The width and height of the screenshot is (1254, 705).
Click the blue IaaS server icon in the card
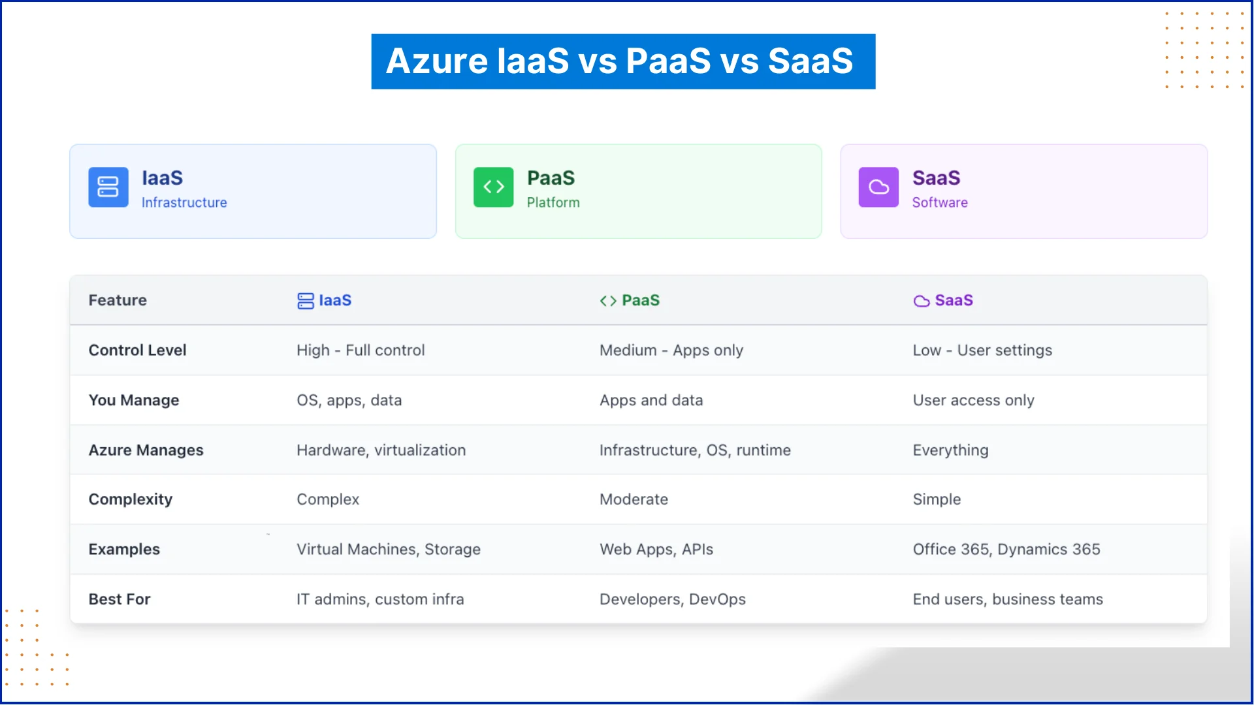tap(108, 187)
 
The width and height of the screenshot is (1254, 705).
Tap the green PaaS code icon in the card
tap(493, 187)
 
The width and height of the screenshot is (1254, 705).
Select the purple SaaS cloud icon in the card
tap(878, 187)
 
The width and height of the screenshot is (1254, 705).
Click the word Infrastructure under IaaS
tap(184, 203)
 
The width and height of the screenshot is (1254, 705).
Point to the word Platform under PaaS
tap(553, 203)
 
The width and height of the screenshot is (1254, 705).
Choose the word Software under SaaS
tap(939, 203)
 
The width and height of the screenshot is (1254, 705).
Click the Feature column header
tap(118, 300)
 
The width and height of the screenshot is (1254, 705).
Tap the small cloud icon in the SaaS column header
tap(921, 301)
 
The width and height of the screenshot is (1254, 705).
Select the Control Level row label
tap(137, 351)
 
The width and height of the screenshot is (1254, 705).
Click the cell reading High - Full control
tap(360, 351)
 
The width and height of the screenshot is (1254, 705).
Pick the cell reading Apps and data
tap(651, 400)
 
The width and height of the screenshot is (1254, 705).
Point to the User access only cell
tap(973, 400)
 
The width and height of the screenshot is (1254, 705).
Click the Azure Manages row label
tap(146, 450)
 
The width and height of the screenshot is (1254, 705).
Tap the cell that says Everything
tap(950, 450)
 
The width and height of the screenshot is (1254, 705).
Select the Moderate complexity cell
tap(634, 499)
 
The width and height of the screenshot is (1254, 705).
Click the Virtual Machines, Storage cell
tap(388, 550)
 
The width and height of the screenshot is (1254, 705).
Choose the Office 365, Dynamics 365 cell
tap(1006, 550)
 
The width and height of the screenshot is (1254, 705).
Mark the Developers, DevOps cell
tap(672, 599)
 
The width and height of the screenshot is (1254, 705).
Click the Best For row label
tap(120, 599)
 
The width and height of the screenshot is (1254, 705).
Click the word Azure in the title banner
tap(436, 61)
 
